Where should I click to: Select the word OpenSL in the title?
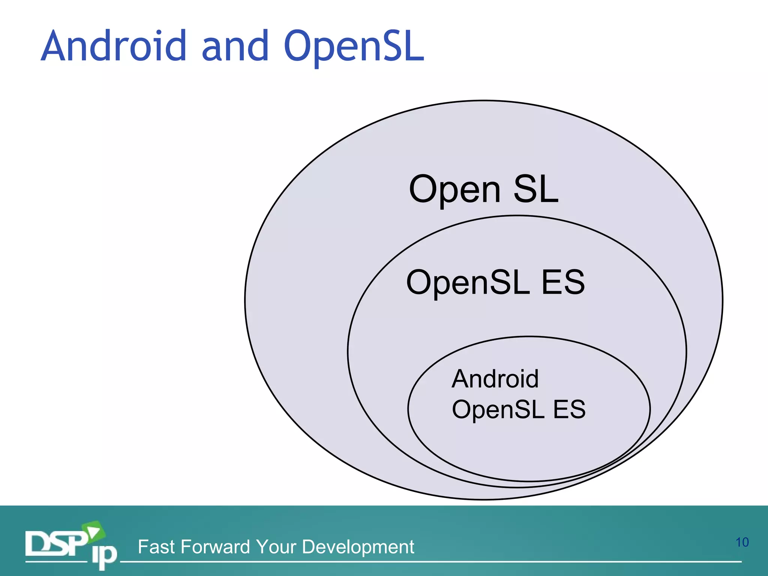coord(354,46)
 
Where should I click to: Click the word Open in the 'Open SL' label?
coord(454,190)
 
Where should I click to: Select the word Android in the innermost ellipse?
coord(495,379)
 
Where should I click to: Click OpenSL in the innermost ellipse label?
coord(498,409)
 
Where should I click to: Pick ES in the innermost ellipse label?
coord(569,409)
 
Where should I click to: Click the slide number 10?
coord(742,542)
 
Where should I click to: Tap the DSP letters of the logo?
coord(56,543)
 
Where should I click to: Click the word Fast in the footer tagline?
coord(156,547)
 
